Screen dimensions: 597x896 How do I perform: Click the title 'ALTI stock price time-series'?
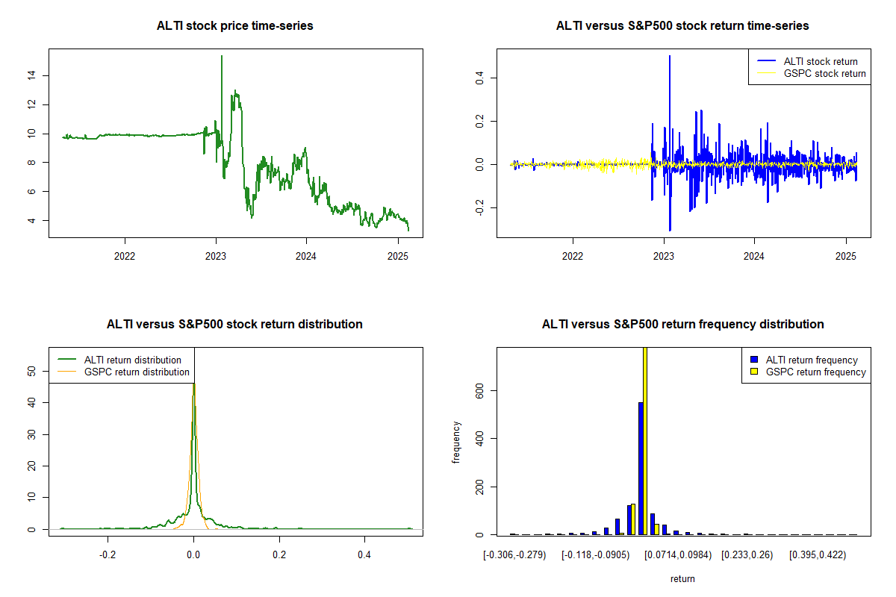[234, 26]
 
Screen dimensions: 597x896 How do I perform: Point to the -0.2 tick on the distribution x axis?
[108, 556]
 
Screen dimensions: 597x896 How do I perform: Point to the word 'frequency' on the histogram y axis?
[457, 442]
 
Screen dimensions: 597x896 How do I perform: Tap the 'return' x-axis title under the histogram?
[682, 578]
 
